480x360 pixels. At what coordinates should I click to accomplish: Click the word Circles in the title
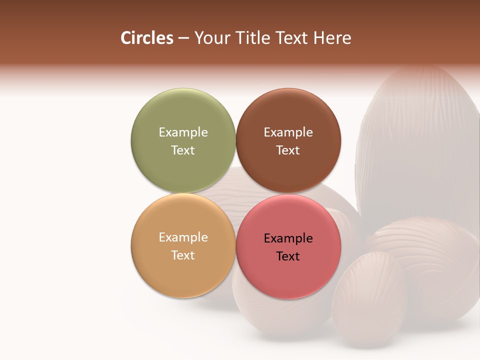point(147,38)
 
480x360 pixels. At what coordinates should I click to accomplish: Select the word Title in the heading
point(255,38)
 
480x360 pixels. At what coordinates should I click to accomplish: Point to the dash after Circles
point(183,38)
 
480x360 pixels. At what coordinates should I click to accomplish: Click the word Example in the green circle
point(183,132)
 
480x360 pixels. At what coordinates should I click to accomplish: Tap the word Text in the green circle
point(183,150)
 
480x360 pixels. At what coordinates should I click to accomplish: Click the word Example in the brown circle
point(288,132)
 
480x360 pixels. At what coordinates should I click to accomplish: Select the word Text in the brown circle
point(288,150)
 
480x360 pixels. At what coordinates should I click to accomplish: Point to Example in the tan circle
point(183,237)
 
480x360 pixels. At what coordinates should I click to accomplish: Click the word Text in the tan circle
point(183,255)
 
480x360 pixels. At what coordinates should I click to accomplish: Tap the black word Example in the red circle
point(288,238)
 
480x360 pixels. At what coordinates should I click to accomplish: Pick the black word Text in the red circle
point(288,256)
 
